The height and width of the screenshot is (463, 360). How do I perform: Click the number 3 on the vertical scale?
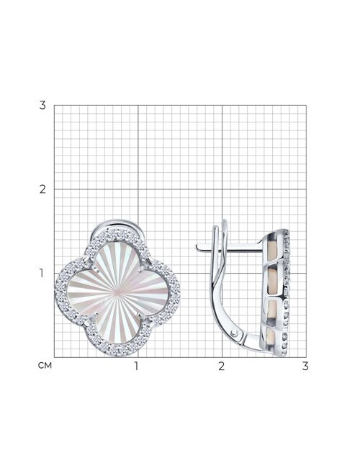pyautogui.click(x=42, y=105)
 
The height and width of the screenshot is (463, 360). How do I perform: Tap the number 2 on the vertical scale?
pyautogui.click(x=42, y=189)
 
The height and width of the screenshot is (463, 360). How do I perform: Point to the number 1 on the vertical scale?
pyautogui.click(x=42, y=273)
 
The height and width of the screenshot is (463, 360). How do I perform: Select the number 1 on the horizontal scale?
pyautogui.click(x=136, y=366)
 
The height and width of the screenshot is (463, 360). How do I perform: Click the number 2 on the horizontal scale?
pyautogui.click(x=222, y=366)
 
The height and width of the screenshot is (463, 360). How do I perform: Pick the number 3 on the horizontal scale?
pyautogui.click(x=305, y=366)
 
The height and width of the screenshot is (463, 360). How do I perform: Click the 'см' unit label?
pyautogui.click(x=45, y=366)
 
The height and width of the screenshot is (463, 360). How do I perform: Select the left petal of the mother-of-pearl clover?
pyautogui.click(x=84, y=292)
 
